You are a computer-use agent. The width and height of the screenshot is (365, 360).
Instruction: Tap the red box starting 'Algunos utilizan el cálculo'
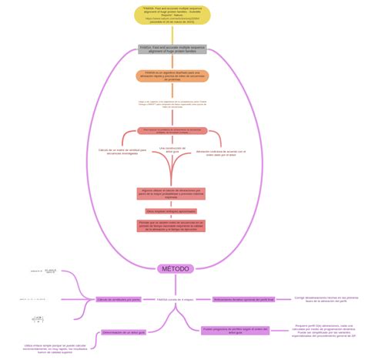tap(171, 193)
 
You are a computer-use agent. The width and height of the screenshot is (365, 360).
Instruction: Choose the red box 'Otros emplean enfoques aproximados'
tap(171, 210)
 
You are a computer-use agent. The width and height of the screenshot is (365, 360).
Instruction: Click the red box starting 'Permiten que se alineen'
tap(171, 225)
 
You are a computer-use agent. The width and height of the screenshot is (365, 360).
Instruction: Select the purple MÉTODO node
tap(176, 268)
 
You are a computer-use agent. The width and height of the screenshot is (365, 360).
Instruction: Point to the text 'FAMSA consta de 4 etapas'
tap(174, 299)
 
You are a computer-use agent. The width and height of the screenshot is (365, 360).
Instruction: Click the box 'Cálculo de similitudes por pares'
tap(118, 299)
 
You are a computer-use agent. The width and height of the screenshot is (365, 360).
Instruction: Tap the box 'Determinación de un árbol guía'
tap(123, 332)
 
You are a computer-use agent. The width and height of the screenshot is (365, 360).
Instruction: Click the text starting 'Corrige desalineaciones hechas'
tap(326, 298)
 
